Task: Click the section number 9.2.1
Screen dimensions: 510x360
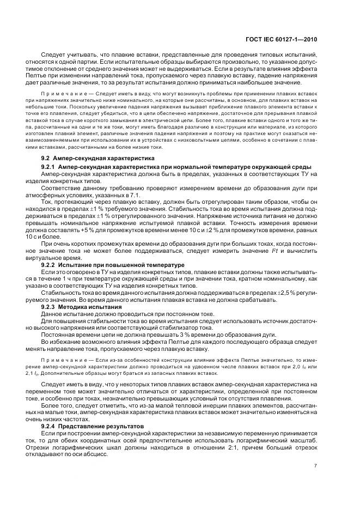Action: click(52, 166)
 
